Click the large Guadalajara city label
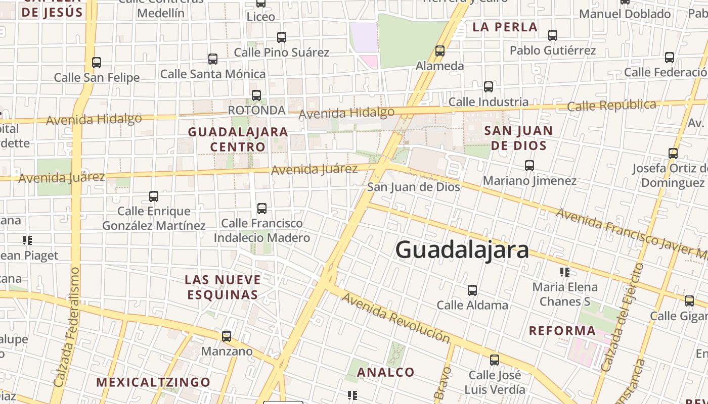pos(462,250)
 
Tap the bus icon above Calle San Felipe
pos(97,63)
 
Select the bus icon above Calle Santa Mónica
pos(213,59)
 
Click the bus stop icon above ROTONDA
pos(256,95)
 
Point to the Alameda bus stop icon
pos(440,51)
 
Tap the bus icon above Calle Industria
pos(489,87)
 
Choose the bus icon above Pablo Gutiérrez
pos(553,35)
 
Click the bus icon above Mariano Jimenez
pos(529,166)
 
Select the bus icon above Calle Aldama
pos(472,290)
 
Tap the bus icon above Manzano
pos(227,336)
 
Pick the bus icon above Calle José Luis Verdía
pos(495,361)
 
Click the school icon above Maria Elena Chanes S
pos(565,272)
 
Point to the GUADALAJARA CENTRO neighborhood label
pos(238,139)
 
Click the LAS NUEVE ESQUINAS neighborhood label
pos(223,287)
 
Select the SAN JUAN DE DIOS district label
pos(518,138)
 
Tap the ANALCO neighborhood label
pos(386,372)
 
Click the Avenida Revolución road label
pos(395,318)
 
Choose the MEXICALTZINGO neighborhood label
pos(153,382)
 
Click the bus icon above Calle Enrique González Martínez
pos(154,196)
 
